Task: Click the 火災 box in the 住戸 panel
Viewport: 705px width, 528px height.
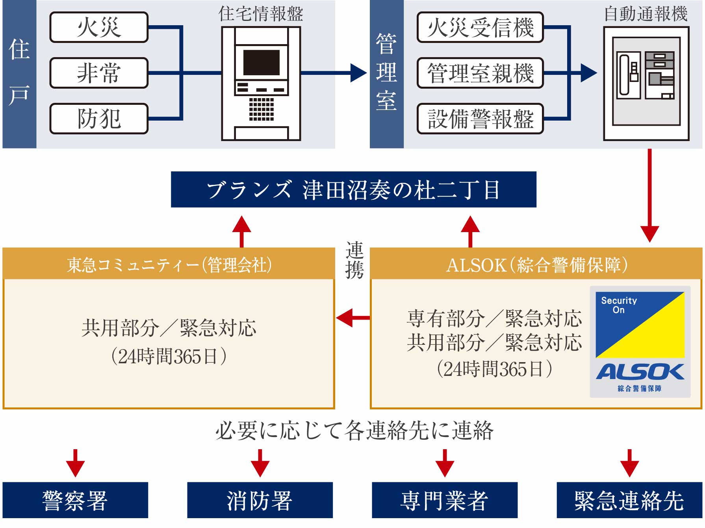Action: pos(99,27)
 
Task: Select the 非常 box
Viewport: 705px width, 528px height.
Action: pos(99,73)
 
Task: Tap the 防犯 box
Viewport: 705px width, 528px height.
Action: pos(99,119)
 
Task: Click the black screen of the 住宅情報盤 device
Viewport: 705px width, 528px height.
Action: pos(261,63)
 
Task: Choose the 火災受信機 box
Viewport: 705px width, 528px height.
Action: pos(480,27)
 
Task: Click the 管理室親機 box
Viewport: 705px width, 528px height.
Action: pos(480,73)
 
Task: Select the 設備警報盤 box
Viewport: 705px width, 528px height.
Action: pos(480,119)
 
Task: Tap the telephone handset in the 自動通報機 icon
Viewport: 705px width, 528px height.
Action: pos(625,74)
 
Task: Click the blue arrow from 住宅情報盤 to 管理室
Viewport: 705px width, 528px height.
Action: pos(335,73)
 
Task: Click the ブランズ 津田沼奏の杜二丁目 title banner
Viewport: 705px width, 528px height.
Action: pos(353,190)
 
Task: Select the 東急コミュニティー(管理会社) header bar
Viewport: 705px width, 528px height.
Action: pos(169,264)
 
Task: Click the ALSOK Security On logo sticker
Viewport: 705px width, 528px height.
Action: pos(640,342)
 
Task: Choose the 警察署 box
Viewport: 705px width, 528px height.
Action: pos(75,500)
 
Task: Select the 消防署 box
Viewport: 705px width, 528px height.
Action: pos(260,500)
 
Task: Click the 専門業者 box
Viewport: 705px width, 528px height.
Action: pos(444,500)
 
